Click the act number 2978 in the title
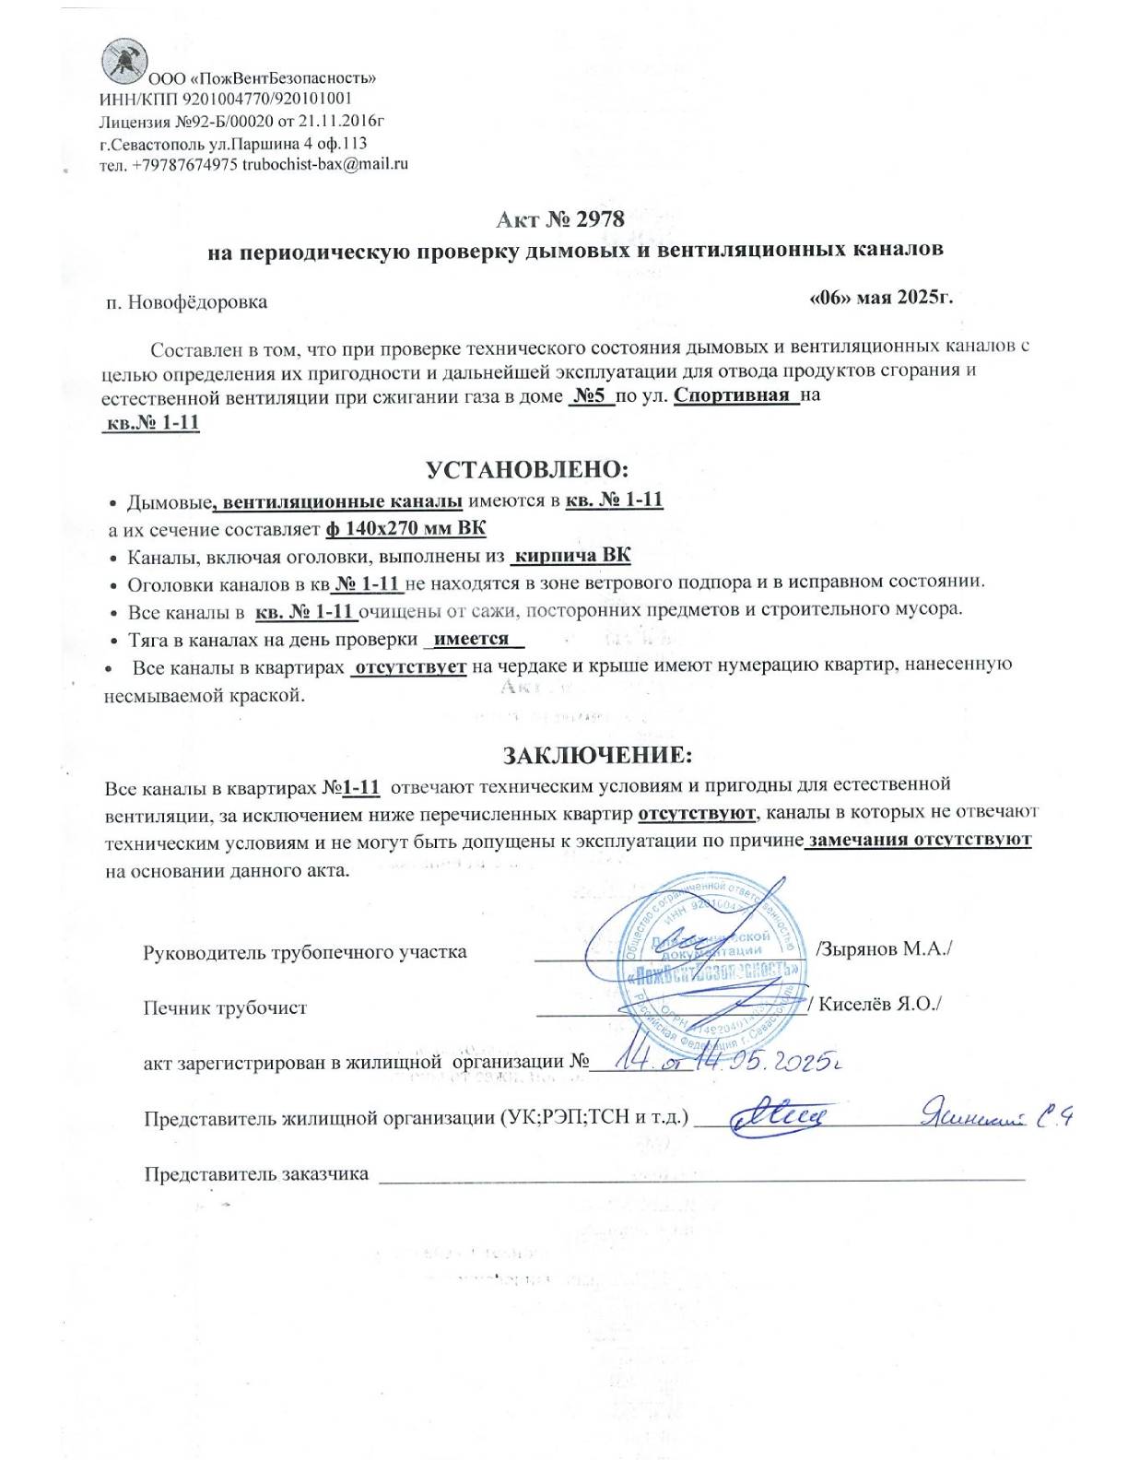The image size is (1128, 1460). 600,219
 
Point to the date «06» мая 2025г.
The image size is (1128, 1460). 880,298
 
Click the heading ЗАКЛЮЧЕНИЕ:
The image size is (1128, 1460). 596,756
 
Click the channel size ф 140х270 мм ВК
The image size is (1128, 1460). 405,529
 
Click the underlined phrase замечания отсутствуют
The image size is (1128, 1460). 919,840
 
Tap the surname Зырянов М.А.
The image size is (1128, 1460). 884,949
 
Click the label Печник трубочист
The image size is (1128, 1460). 225,1008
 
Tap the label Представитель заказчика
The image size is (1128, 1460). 256,1173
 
